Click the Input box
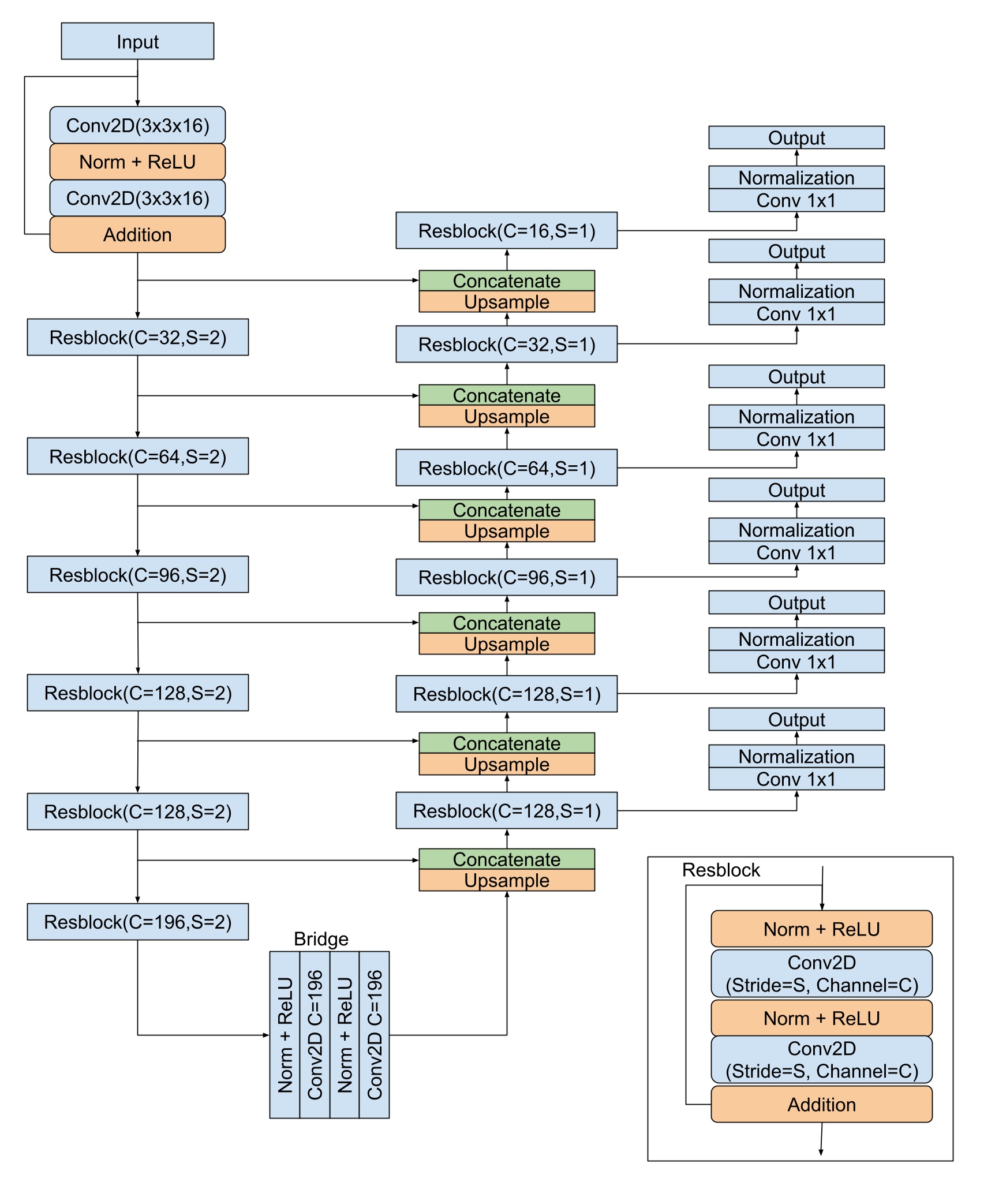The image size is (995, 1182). point(137,42)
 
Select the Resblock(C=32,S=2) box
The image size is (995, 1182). point(137,337)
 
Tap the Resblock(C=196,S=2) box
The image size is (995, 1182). point(137,922)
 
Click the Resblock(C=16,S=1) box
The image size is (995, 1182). point(506,230)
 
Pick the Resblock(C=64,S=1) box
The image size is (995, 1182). point(506,467)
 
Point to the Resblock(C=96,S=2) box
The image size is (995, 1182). point(137,574)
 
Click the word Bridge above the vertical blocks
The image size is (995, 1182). point(321,939)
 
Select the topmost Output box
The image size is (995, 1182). point(796,138)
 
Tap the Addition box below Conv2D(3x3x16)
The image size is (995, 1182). point(137,234)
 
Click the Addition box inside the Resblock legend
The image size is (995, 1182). point(821,1104)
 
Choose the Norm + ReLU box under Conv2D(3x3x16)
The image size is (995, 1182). point(137,162)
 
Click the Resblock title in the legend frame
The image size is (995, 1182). point(720,870)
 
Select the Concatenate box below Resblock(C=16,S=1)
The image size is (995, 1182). point(506,280)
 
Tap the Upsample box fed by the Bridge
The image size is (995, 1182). point(506,880)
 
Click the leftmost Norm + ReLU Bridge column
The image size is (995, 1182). point(285,1034)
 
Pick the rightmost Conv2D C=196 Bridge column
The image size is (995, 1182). point(374,1034)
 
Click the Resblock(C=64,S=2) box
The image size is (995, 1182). point(137,456)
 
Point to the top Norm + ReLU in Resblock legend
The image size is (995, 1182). point(821,929)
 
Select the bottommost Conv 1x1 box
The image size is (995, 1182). point(796,779)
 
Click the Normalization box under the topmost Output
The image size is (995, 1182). point(796,177)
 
